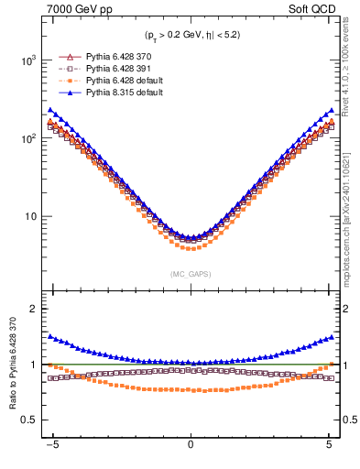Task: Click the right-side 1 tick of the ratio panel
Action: pos(345,365)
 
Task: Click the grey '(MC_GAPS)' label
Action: pos(191,274)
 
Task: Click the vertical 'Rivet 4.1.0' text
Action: pos(351,73)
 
